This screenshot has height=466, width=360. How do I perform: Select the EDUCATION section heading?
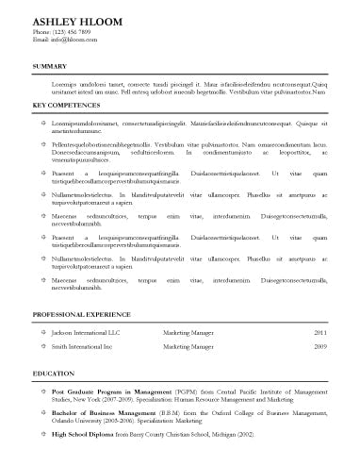coord(53,374)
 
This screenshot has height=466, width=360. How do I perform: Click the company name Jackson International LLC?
coord(86,333)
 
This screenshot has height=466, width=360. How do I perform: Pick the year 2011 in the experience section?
coord(320,333)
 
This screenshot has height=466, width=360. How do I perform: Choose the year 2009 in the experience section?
coord(320,347)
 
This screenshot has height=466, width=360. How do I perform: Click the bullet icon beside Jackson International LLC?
coord(42,333)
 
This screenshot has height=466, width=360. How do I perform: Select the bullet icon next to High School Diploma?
coord(42,434)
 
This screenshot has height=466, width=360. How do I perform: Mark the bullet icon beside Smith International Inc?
coord(42,347)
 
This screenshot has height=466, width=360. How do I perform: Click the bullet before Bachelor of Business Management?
coord(42,412)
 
